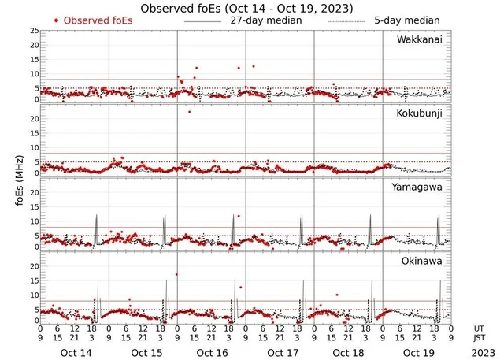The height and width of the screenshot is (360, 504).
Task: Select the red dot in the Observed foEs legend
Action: coord(57,20)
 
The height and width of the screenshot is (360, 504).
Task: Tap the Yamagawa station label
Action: coord(424,187)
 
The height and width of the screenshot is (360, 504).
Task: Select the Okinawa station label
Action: coord(428,260)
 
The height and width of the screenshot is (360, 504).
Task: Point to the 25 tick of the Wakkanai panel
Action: coord(34,31)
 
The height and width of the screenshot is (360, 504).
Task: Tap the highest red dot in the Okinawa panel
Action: coord(176,274)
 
